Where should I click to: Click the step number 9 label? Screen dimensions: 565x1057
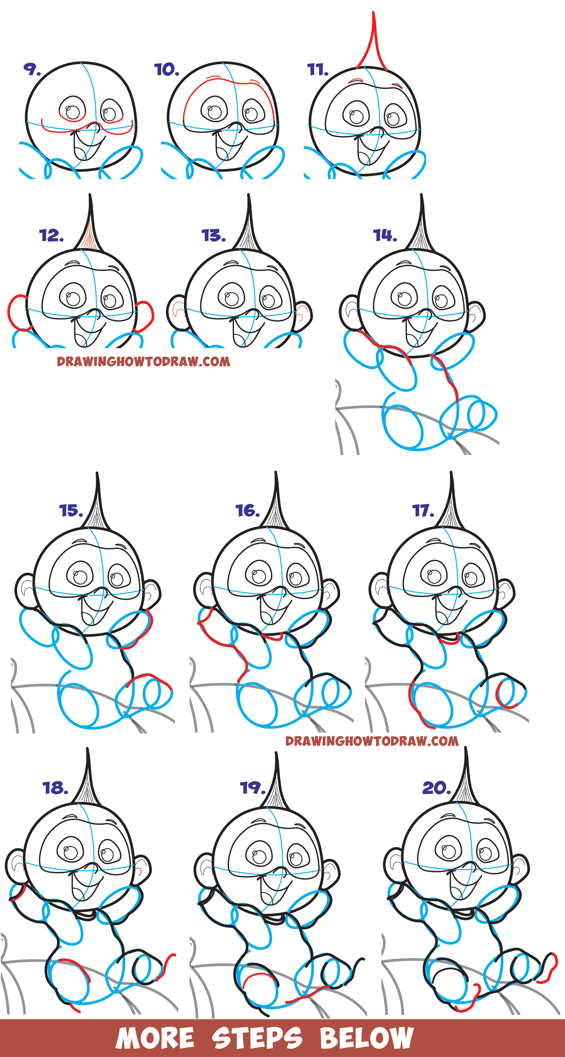pyautogui.click(x=32, y=69)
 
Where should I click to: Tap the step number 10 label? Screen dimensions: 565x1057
pyautogui.click(x=167, y=70)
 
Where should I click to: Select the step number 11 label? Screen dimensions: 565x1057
pyautogui.click(x=318, y=70)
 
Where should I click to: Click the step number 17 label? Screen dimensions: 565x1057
pyautogui.click(x=423, y=511)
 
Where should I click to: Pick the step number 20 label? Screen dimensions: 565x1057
pyautogui.click(x=437, y=788)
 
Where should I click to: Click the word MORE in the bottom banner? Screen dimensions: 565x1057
pyautogui.click(x=155, y=1038)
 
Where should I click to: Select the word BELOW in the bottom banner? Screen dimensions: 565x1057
pyautogui.click(x=367, y=1038)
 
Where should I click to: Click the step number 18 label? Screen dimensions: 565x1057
pyautogui.click(x=55, y=788)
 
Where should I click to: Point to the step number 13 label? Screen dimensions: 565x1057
pyautogui.click(x=214, y=235)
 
